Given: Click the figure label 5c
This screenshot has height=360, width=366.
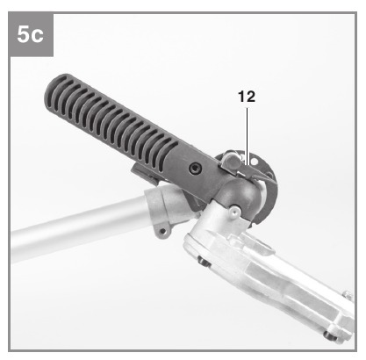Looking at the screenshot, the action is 31,34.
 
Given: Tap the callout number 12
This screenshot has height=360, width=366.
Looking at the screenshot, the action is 247,97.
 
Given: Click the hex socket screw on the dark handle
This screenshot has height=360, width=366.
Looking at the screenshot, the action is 195,169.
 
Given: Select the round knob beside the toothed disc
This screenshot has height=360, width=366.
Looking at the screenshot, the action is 231,161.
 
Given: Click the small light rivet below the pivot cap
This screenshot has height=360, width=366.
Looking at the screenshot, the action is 234,212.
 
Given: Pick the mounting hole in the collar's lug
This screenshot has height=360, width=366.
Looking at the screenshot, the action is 162,232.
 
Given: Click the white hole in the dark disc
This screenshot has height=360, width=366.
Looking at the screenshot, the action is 255,162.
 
